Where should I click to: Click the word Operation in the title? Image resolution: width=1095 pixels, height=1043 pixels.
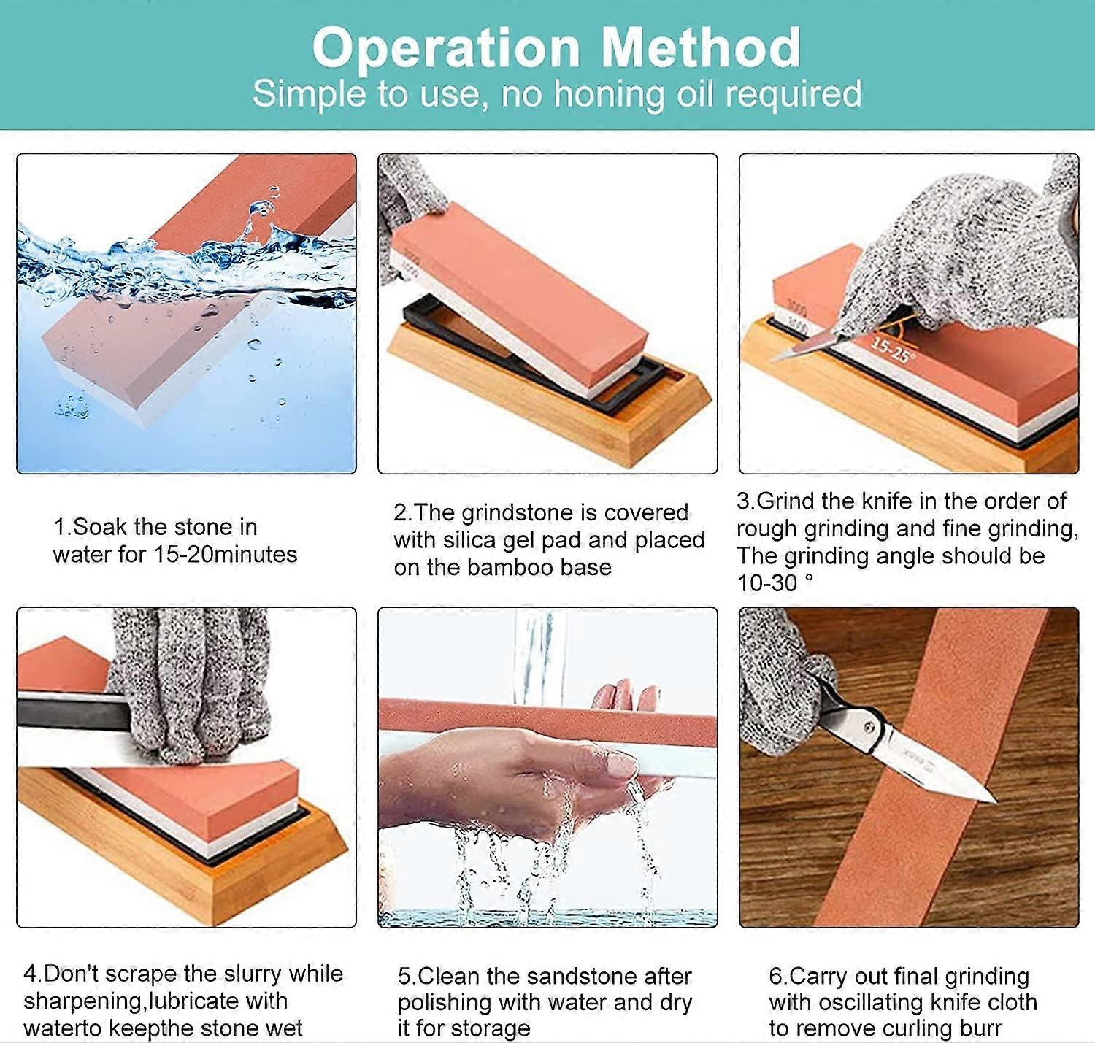pos(446,49)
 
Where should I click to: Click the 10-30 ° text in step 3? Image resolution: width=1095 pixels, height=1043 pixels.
pos(775,584)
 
